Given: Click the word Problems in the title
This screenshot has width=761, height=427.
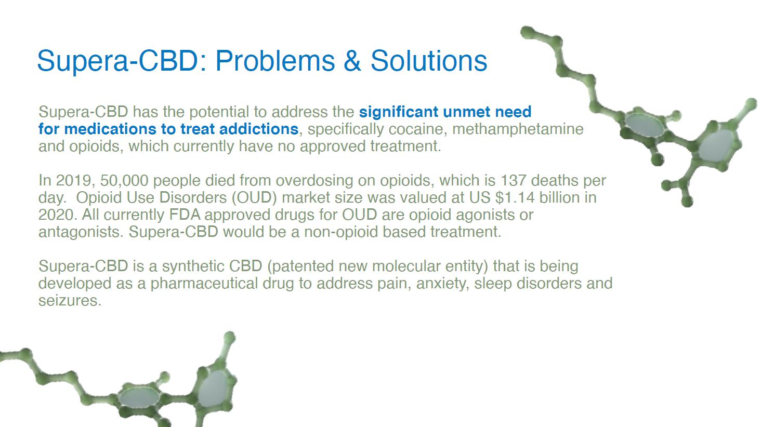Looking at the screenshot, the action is [275, 61].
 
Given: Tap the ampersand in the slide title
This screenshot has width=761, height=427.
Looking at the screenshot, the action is [352, 61].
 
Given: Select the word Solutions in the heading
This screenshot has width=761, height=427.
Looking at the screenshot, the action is [429, 61].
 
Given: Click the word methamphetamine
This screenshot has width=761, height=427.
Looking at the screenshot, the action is [518, 129].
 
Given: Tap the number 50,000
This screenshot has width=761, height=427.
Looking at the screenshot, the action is [124, 181].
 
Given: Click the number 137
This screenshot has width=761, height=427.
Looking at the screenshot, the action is [514, 181].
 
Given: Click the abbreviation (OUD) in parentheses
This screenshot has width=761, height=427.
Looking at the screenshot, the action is [254, 198].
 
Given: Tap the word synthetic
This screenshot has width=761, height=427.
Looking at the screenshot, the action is [193, 266].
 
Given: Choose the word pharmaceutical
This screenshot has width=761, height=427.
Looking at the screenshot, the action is [204, 284].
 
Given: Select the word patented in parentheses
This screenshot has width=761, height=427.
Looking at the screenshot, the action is [300, 266].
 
